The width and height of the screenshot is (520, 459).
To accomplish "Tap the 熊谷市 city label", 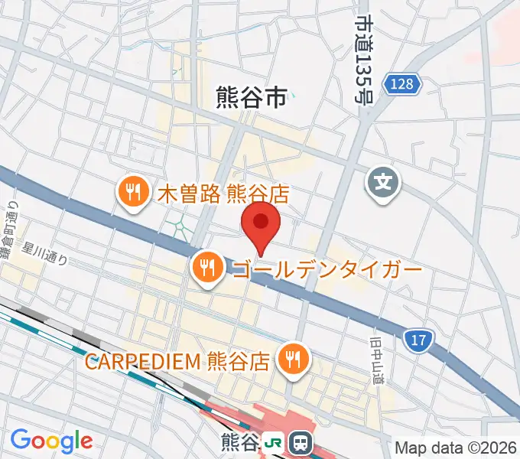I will coord(251,97).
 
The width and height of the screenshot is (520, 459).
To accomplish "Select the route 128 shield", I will coord(403,83).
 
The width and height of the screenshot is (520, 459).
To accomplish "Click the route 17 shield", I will coord(418,337).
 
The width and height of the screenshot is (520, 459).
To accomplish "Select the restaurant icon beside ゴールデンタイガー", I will coord(207,269).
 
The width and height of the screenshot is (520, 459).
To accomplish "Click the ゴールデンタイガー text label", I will coord(327,270).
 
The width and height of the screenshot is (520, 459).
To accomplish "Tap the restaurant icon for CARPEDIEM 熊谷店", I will coord(292,359).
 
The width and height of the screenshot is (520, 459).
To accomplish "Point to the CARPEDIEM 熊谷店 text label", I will coord(177,360).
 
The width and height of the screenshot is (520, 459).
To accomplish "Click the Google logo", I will coord(51,440).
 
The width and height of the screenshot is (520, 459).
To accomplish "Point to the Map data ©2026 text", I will coord(457,448).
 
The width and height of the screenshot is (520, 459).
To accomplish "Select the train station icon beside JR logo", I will coord(300,443).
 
